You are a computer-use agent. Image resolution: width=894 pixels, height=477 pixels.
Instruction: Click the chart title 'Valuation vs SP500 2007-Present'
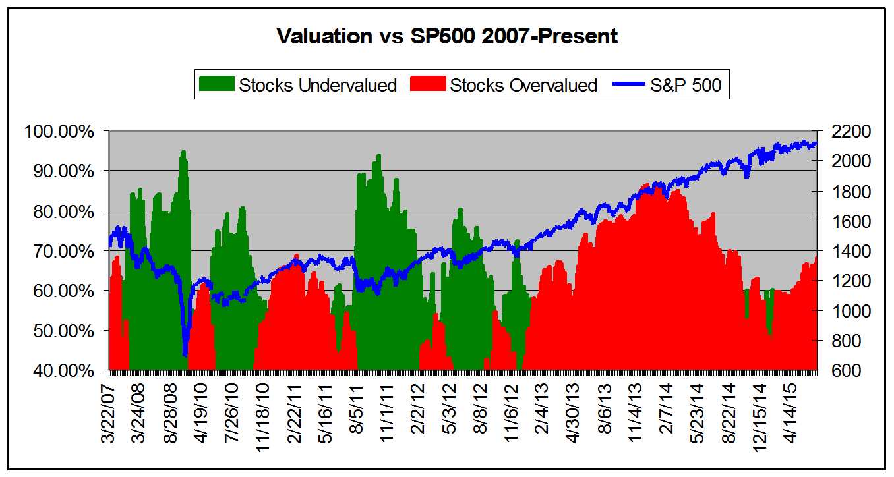447,36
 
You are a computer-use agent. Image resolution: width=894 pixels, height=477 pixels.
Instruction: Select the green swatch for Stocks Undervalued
216,85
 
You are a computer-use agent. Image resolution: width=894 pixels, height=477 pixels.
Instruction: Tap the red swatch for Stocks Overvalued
428,85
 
